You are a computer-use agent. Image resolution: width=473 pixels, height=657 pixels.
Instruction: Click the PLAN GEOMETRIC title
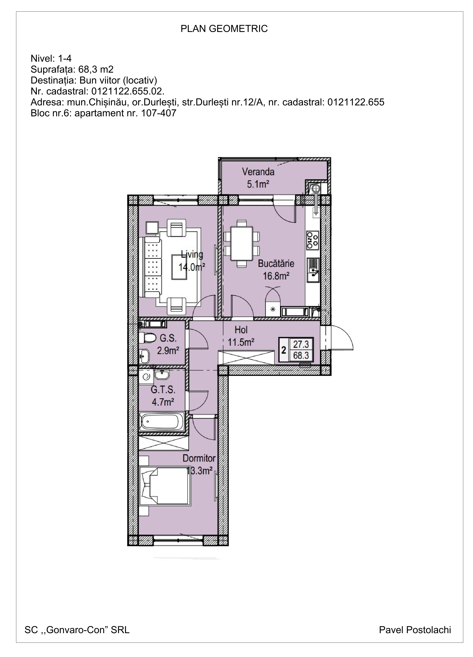tap(224, 29)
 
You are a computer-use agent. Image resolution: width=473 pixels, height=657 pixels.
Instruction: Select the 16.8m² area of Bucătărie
tap(276, 276)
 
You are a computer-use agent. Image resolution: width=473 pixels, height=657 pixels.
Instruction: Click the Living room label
tap(192, 255)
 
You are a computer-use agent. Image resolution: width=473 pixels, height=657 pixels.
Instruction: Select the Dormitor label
tap(199, 458)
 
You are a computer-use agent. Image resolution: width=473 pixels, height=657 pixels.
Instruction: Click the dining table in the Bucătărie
tap(241, 244)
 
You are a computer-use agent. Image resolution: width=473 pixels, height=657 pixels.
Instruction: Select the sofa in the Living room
tap(150, 267)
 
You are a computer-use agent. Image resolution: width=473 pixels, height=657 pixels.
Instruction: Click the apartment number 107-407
tap(159, 113)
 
